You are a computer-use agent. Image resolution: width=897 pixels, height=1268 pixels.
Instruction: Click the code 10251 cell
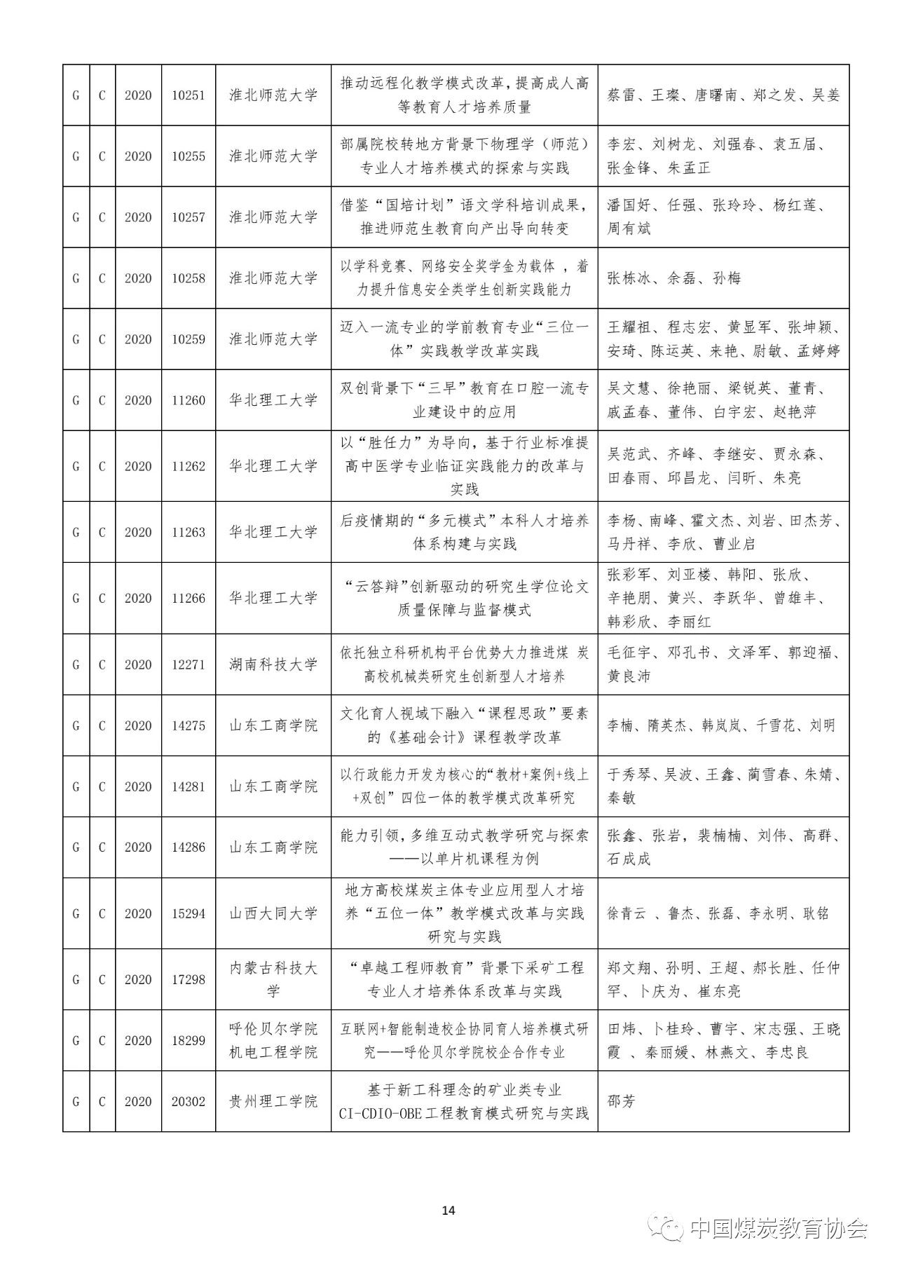point(189,95)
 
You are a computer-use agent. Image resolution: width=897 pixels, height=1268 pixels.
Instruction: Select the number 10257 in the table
point(189,217)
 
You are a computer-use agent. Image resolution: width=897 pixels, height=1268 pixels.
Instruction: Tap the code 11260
point(189,400)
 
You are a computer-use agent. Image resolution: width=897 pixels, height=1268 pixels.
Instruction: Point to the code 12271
point(189,664)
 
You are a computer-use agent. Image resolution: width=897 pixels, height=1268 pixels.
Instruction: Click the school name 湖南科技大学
point(273,664)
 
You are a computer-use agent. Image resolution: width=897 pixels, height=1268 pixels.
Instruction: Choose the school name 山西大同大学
point(273,913)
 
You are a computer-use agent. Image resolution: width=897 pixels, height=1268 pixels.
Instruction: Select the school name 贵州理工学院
point(273,1101)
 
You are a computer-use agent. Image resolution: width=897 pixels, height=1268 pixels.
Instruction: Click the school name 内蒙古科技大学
point(273,979)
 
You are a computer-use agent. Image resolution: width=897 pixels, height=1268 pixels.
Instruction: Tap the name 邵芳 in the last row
point(621,1101)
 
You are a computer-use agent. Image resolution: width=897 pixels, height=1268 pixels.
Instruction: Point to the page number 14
point(449,1211)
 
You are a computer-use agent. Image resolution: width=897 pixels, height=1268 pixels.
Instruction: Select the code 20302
point(189,1101)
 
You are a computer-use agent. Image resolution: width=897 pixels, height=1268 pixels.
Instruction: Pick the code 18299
point(189,1040)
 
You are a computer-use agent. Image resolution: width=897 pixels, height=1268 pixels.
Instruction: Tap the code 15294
point(189,913)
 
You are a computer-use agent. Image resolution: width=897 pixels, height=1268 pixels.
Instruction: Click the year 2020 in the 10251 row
point(138,95)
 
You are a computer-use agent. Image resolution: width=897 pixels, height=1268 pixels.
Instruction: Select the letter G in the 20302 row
point(76,1101)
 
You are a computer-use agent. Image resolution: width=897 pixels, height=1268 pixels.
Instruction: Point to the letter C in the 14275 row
point(102,725)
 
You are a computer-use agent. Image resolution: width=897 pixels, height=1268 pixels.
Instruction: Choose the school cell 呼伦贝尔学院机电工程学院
point(273,1040)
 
